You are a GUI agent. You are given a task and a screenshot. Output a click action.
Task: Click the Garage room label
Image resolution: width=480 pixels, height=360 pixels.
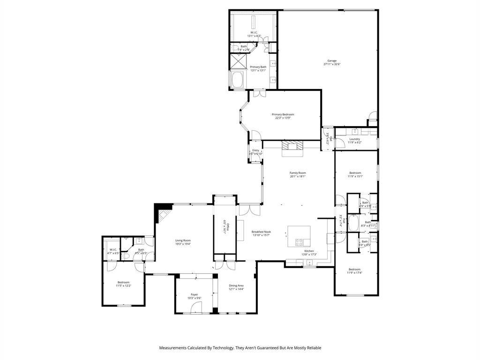click(332, 60)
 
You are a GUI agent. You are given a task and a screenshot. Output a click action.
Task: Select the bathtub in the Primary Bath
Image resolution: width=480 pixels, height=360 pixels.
click(237, 80)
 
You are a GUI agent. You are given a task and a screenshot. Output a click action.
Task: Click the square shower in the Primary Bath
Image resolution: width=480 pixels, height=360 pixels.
click(237, 61)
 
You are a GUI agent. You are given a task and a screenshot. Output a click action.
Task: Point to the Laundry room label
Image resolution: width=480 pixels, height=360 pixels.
click(354, 139)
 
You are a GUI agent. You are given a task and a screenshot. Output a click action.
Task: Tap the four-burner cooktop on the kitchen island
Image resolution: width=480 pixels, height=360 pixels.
click(299, 242)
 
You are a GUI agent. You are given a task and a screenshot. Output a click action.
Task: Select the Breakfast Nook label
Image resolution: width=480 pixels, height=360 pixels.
click(261, 232)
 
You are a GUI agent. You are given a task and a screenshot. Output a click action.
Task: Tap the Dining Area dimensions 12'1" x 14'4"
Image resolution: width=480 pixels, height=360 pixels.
click(236, 289)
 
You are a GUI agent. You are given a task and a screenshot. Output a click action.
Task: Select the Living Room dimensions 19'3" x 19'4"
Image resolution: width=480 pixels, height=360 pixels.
click(183, 244)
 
